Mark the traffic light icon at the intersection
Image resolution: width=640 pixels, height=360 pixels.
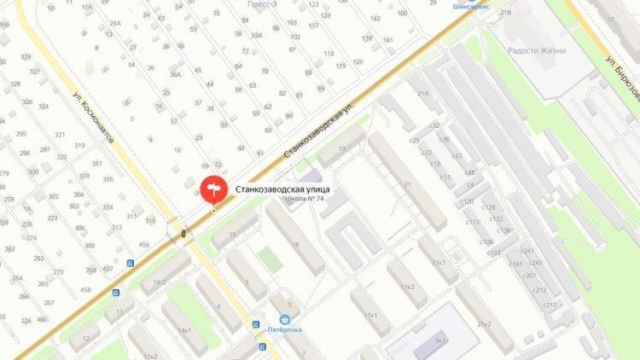coord(183,233)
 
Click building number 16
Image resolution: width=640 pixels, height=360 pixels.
coord(295,244)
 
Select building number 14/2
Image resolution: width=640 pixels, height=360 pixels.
coord(159,282)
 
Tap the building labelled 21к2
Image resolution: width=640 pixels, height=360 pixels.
coord(485,323)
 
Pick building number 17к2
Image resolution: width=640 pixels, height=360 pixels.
coord(407,287)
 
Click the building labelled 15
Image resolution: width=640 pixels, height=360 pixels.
coord(233,234)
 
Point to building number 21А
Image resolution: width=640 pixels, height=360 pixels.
coord(422,94)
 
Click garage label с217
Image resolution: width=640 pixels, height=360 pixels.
coord(550,305)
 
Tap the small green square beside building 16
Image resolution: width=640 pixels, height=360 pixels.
coord(271,258)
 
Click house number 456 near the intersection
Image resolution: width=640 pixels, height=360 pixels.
coord(144,245)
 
